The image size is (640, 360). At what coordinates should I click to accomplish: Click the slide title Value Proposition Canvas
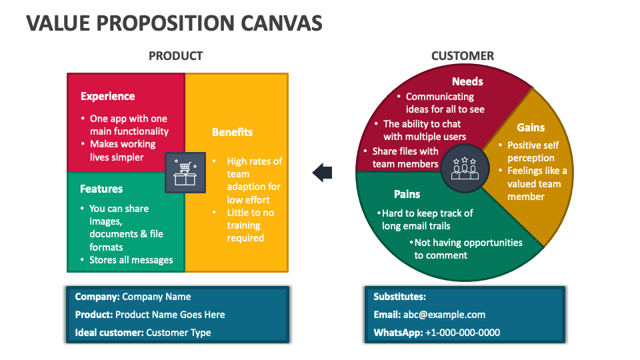click(x=175, y=23)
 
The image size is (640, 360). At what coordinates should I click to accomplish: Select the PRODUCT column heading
click(x=175, y=56)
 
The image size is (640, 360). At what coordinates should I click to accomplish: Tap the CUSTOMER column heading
click(x=463, y=56)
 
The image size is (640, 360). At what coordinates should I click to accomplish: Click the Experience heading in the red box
click(x=107, y=96)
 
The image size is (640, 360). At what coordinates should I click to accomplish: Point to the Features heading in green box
click(x=101, y=189)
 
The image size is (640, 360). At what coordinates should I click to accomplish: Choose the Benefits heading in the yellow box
click(x=232, y=132)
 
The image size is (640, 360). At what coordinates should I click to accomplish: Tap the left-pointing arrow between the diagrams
click(x=323, y=173)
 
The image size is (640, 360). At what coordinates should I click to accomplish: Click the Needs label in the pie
click(x=467, y=81)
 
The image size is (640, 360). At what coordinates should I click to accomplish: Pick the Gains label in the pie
click(x=531, y=127)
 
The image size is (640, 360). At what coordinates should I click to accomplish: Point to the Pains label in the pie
click(x=407, y=194)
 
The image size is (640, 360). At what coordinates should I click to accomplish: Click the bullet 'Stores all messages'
click(x=131, y=260)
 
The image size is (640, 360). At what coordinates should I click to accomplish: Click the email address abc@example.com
click(x=444, y=315)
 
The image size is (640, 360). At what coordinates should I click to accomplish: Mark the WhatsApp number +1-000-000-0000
click(x=462, y=332)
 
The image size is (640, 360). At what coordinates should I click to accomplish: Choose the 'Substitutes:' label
click(x=399, y=297)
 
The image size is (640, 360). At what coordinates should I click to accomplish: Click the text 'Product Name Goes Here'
click(x=170, y=315)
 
